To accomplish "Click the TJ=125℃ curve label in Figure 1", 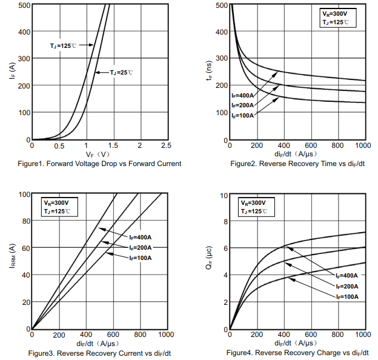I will pyautogui.click(x=63, y=45).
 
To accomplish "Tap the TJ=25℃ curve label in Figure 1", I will pyautogui.click(x=121, y=72).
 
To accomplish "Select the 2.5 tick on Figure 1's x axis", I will pyautogui.click(x=166, y=145).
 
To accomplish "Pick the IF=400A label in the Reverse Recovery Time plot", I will pyautogui.click(x=242, y=96).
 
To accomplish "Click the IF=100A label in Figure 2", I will pyautogui.click(x=242, y=115).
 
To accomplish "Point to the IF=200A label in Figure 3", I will pyautogui.click(x=140, y=247).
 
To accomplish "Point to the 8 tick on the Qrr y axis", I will pyautogui.click(x=224, y=221).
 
